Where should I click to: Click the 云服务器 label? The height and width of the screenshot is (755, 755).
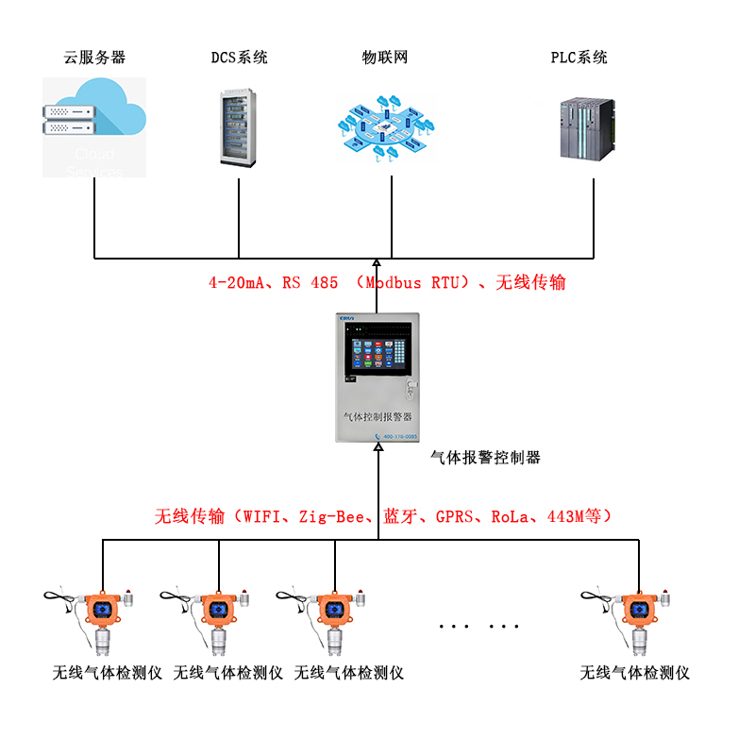[x=94, y=58]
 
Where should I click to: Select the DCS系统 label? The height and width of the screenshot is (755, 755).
[x=239, y=58]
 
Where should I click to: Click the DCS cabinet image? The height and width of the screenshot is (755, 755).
[x=238, y=128]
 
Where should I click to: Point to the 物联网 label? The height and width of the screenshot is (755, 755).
[x=385, y=58]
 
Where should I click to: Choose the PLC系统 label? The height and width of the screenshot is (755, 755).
[x=579, y=58]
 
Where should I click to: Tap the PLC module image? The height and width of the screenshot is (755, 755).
[x=588, y=128]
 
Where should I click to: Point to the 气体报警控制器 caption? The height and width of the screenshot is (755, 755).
[x=485, y=458]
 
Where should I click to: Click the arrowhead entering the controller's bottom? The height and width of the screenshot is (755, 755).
[x=377, y=451]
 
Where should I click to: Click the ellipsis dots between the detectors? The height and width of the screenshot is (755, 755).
[x=479, y=627]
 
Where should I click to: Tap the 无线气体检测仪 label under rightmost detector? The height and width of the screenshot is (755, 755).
[x=634, y=674]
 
